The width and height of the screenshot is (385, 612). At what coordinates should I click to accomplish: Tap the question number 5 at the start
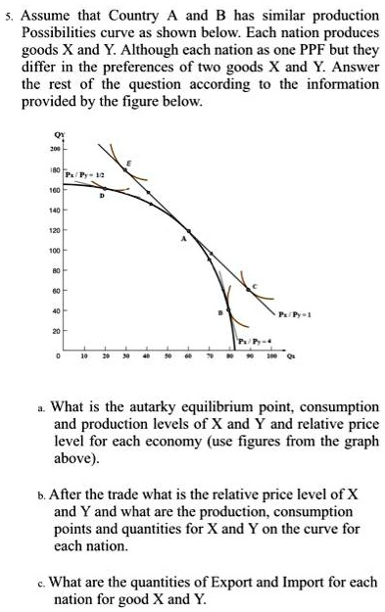tap(8, 16)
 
